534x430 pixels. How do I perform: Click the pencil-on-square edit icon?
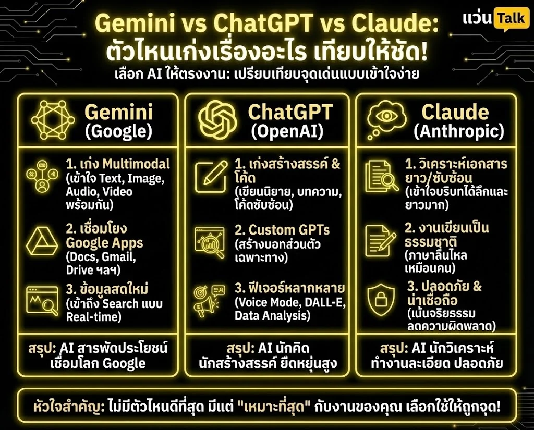click(x=211, y=174)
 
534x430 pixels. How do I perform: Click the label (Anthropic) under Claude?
click(x=459, y=131)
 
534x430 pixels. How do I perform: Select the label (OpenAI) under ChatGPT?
click(x=287, y=131)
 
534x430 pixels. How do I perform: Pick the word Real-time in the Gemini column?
click(x=93, y=316)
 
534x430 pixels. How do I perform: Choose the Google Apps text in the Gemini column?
click(x=104, y=242)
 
